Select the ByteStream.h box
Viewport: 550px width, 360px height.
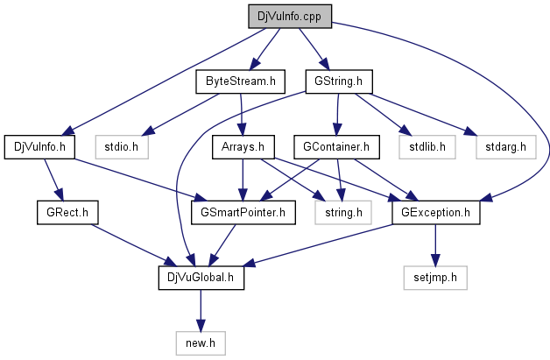[241, 81]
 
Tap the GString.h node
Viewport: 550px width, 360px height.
[339, 81]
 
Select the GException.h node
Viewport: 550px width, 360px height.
[435, 211]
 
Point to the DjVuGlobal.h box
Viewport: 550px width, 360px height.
[201, 277]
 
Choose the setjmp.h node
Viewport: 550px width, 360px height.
[435, 277]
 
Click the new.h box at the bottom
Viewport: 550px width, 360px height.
[201, 342]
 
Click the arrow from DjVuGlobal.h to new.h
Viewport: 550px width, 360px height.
[201, 309]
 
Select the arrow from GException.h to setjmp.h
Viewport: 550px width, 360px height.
[435, 244]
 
